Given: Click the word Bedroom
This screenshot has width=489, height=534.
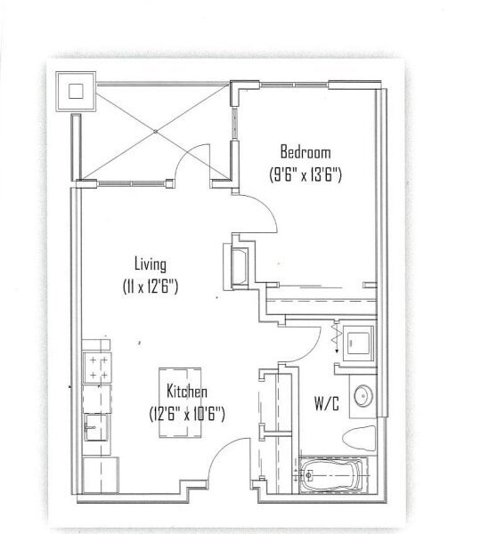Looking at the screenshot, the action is (x=306, y=152).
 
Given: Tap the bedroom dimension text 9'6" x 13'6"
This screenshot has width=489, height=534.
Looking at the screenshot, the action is (x=306, y=175).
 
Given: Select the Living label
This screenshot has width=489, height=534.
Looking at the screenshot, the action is (x=151, y=264).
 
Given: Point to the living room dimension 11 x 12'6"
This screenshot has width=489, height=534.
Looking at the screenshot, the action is (x=151, y=287).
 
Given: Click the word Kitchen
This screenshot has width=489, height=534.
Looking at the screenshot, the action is (x=187, y=392).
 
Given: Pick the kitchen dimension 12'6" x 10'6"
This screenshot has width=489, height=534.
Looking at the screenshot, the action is (x=187, y=414).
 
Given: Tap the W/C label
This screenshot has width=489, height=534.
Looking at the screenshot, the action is (x=327, y=404).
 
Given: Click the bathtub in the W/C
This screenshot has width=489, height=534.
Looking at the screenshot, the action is (x=332, y=475).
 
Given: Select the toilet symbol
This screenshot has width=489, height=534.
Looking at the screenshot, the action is (x=359, y=438).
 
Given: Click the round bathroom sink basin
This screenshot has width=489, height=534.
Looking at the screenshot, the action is (x=363, y=396).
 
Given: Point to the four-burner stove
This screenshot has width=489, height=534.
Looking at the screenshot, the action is (x=97, y=368).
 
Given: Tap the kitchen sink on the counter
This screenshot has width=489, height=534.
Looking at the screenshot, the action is (x=96, y=427).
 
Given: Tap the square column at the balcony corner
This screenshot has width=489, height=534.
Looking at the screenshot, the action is (x=76, y=92).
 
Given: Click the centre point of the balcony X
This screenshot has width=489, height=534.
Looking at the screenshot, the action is (x=155, y=132).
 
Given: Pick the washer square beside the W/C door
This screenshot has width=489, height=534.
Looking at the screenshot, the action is (x=358, y=344).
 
